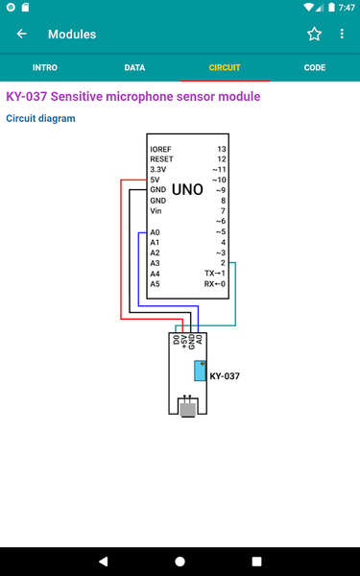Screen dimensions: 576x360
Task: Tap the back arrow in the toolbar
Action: click(22, 35)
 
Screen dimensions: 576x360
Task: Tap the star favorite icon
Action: click(314, 35)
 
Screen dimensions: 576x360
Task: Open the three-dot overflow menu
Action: click(342, 35)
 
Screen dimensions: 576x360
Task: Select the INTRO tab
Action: click(44, 68)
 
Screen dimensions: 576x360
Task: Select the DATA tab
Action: click(134, 68)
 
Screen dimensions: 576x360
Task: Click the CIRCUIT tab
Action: click(225, 68)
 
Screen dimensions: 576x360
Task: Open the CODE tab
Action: click(314, 68)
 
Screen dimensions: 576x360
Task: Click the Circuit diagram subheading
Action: click(39, 119)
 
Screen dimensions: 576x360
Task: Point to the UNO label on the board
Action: click(187, 191)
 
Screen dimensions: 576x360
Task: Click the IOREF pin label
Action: click(161, 150)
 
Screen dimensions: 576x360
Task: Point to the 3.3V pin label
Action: click(158, 170)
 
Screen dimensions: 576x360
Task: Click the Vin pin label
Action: click(156, 211)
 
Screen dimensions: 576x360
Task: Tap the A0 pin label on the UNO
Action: click(156, 232)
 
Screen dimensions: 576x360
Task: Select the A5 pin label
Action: click(156, 284)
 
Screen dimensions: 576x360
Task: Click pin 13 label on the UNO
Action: click(222, 150)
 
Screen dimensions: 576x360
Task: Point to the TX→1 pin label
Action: click(215, 274)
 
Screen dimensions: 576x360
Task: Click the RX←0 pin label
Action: click(215, 284)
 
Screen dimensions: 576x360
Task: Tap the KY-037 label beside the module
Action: click(225, 376)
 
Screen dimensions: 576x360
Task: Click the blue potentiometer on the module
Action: click(199, 371)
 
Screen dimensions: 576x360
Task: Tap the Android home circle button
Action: click(180, 561)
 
